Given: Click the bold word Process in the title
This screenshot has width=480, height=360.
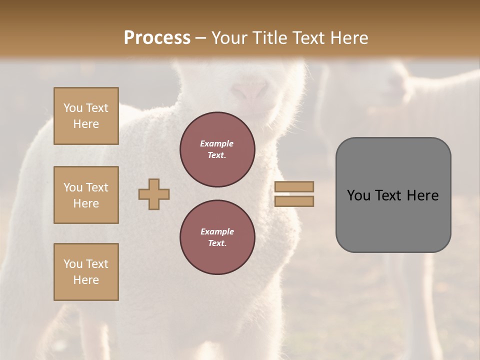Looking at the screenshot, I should pyautogui.click(x=157, y=38).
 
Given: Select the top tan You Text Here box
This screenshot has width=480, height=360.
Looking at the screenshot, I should pyautogui.click(x=86, y=116).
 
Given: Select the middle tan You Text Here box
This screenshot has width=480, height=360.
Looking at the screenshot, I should pyautogui.click(x=86, y=195).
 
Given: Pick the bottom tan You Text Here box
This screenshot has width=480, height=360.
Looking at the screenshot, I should pyautogui.click(x=86, y=271).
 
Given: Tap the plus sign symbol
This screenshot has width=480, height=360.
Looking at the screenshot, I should pyautogui.click(x=154, y=194).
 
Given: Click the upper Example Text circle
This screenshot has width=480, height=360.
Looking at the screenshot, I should pyautogui.click(x=217, y=149).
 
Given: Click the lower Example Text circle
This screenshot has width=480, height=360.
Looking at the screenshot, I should pyautogui.click(x=217, y=237).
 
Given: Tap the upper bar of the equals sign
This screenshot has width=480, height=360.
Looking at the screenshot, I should pyautogui.click(x=294, y=186).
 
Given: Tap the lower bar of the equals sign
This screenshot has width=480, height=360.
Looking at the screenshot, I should pyautogui.click(x=294, y=201).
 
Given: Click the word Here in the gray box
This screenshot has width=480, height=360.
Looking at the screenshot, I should pyautogui.click(x=422, y=195).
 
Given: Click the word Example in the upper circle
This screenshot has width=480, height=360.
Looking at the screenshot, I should pyautogui.click(x=216, y=143).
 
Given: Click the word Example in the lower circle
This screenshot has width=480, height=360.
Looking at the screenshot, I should pyautogui.click(x=217, y=231).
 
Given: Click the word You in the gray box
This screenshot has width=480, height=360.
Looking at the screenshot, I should pyautogui.click(x=358, y=195).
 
